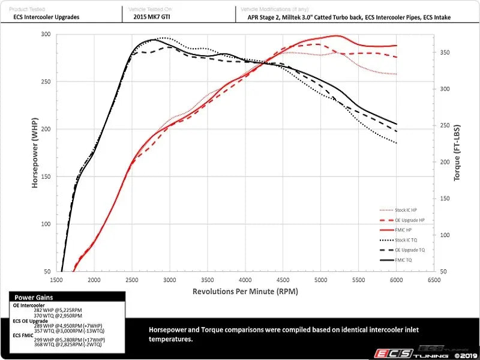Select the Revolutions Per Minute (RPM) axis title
(245, 291)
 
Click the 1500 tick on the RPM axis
(57, 280)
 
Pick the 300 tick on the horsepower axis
(46, 34)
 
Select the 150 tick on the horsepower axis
(46, 176)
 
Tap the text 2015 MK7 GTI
(153, 17)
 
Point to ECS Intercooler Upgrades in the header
(46, 17)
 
